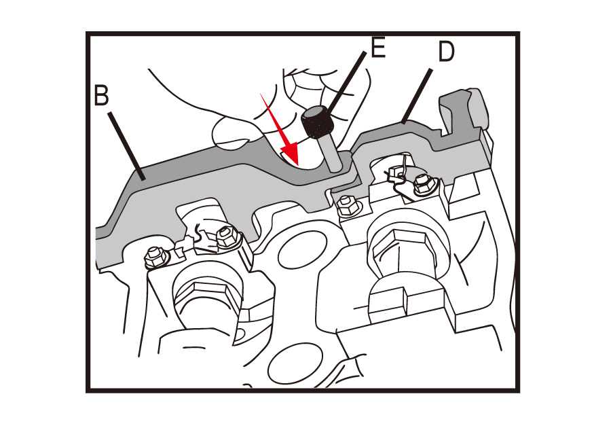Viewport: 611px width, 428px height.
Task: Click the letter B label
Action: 101,94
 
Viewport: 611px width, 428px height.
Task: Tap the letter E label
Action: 378,48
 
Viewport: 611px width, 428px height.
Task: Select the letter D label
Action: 446,51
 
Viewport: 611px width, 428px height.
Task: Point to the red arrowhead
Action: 289,155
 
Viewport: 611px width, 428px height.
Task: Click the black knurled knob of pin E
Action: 317,122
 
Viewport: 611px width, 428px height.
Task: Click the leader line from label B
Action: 127,146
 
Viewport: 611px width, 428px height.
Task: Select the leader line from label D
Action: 417,96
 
